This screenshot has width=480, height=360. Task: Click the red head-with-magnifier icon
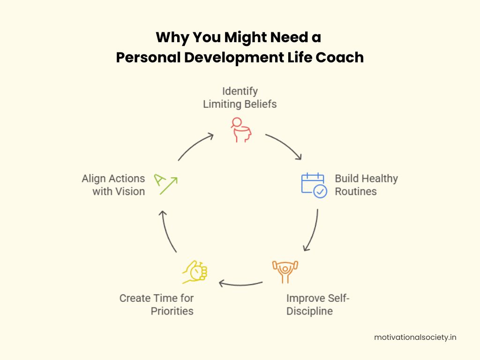pyautogui.click(x=241, y=130)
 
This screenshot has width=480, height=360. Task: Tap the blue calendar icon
pyautogui.click(x=314, y=185)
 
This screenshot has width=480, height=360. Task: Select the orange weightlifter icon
pyautogui.click(x=285, y=272)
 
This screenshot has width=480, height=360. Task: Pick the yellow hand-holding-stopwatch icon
pyautogui.click(x=195, y=272)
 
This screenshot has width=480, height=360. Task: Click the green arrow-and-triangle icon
pyautogui.click(x=165, y=184)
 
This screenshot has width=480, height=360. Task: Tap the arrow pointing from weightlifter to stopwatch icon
pyautogui.click(x=240, y=285)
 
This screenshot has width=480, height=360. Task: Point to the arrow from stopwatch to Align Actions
pyautogui.click(x=166, y=231)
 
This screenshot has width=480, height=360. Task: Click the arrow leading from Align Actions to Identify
pyautogui.click(x=195, y=145)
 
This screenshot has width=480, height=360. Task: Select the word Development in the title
pyautogui.click(x=234, y=58)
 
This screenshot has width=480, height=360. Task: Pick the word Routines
pyautogui.click(x=356, y=192)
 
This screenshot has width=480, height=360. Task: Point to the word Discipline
pyautogui.click(x=309, y=311)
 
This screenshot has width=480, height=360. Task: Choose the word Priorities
pyautogui.click(x=172, y=311)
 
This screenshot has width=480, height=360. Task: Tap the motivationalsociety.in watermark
pyautogui.click(x=415, y=337)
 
